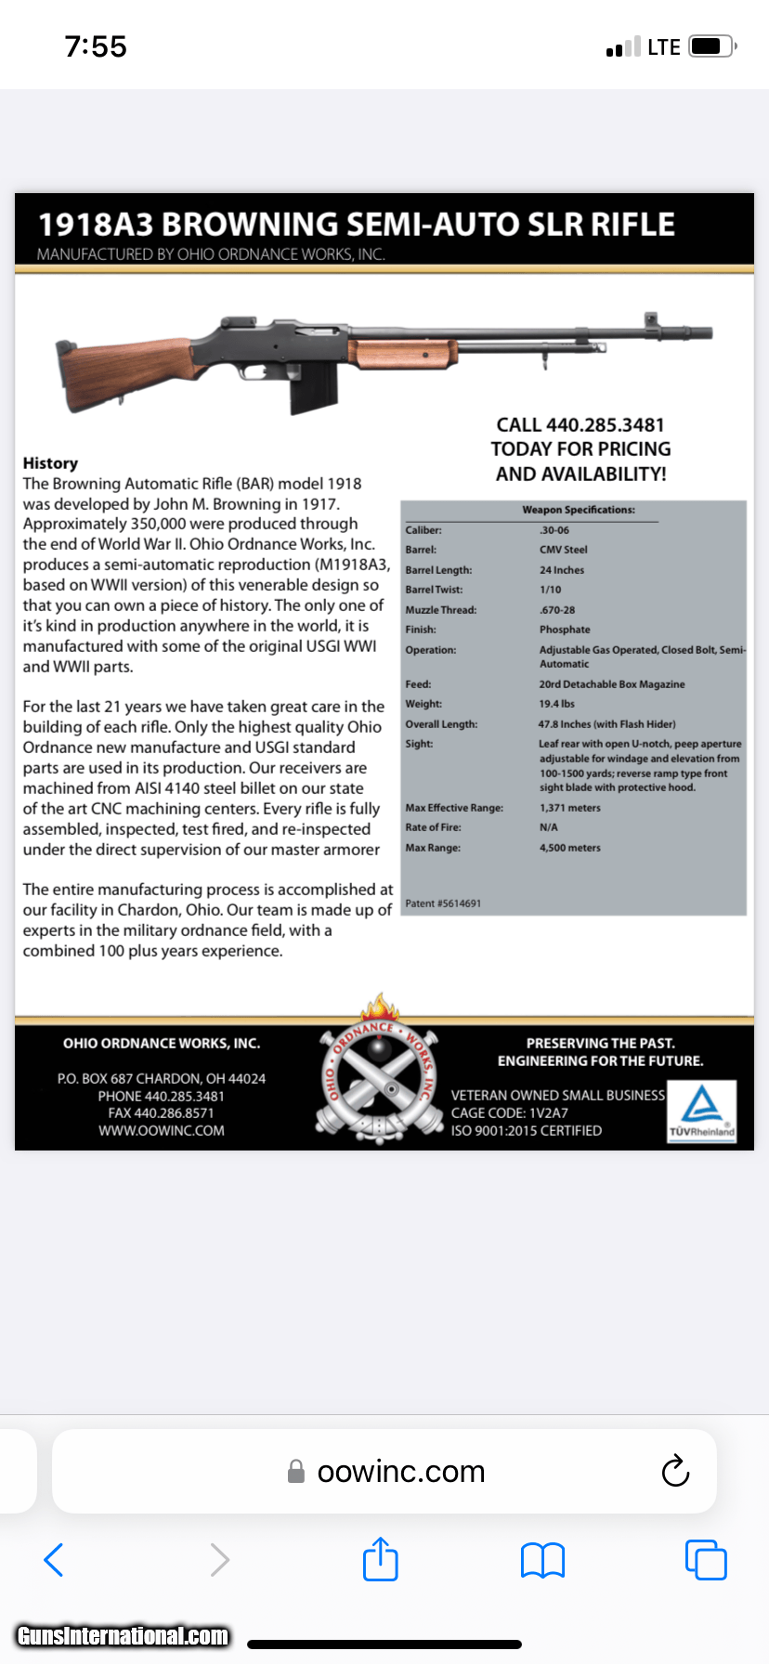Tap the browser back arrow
54,1559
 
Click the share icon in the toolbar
380,1559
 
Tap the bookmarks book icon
542,1560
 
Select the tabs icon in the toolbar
706,1559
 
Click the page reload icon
675,1471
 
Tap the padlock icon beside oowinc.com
296,1472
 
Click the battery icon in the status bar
713,46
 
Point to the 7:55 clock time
96,46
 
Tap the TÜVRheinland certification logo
702,1111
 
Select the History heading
50,463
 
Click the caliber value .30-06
554,530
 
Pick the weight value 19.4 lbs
556,704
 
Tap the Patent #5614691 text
443,903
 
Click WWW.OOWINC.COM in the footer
162,1131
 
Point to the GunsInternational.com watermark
123,1635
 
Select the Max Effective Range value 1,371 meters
570,808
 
